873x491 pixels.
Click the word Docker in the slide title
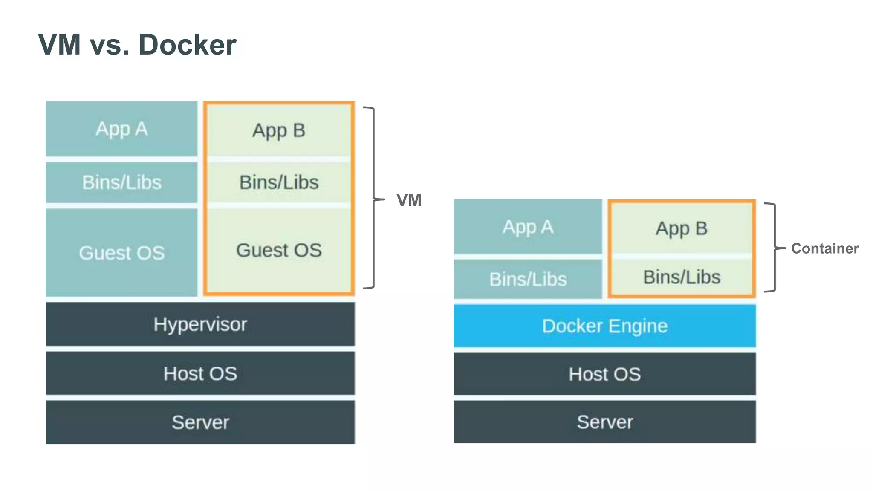187,45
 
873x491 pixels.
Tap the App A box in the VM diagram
121,129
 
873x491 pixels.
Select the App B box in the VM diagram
279,130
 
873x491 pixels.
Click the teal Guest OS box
121,252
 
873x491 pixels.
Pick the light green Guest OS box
279,250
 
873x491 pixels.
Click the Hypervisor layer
200,324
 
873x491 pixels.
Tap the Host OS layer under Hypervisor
200,373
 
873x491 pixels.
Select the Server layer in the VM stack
200,422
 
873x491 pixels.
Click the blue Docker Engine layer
604,326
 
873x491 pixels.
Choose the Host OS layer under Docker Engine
604,374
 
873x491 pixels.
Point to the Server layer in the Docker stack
604,422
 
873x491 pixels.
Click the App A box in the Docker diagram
528,227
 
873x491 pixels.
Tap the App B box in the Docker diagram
681,228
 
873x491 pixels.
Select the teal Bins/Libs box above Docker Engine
528,279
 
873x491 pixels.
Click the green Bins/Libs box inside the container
681,277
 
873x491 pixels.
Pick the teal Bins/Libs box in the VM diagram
121,182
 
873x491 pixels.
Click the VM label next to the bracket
409,200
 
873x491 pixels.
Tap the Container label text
824,248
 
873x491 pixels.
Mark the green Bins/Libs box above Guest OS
279,182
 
